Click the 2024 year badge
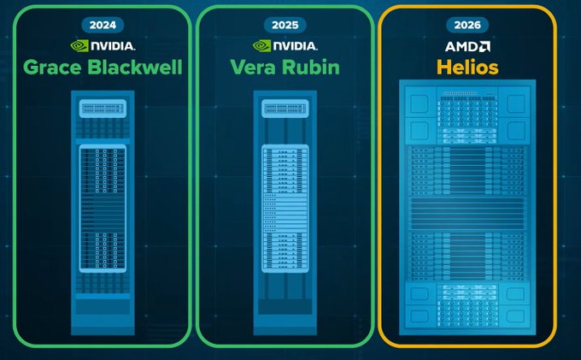[103, 25]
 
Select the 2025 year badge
[285, 25]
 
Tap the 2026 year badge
[467, 25]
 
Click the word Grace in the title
[52, 68]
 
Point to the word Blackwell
[135, 67]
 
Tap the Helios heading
[467, 67]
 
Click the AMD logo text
[467, 46]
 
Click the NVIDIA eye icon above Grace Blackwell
[79, 46]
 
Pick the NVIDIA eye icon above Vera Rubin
[261, 46]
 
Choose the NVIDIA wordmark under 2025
[296, 46]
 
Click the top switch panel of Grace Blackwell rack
[103, 109]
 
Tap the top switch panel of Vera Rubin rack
[285, 109]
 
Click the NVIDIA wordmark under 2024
[113, 46]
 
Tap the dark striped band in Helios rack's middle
[467, 213]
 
